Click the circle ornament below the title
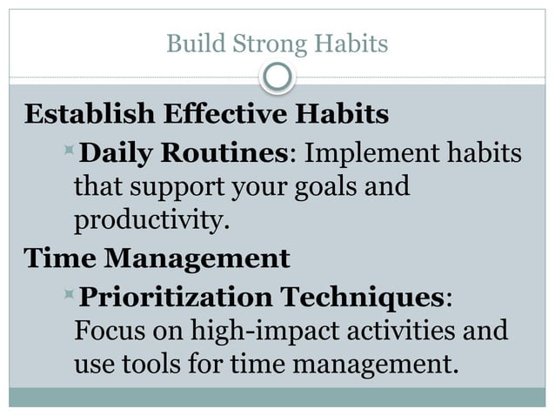tap(277, 77)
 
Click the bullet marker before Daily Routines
tap(70, 154)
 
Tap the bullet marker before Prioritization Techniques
tap(70, 296)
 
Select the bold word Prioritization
tap(175, 297)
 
